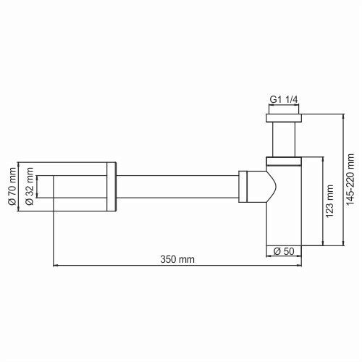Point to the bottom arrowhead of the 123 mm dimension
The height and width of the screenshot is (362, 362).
(x=319, y=244)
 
